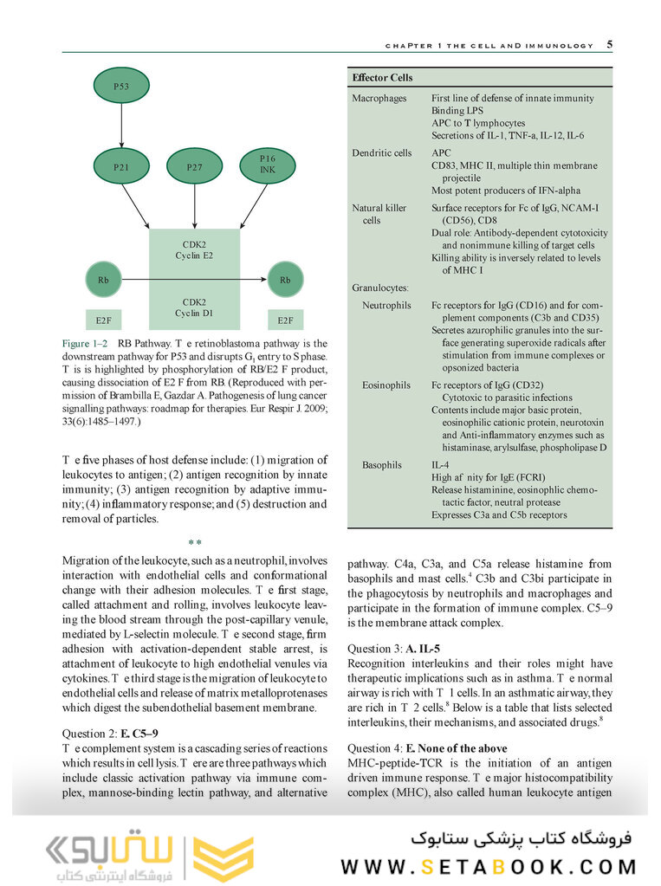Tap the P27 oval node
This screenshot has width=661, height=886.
click(195, 165)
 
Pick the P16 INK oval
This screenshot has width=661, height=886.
click(268, 165)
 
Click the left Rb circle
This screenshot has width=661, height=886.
click(103, 280)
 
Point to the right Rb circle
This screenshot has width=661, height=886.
click(285, 280)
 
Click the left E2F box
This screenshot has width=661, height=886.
click(103, 320)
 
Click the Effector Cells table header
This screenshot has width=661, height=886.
click(382, 78)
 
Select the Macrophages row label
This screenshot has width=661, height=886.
click(379, 99)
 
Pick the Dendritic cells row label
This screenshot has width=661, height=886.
click(381, 153)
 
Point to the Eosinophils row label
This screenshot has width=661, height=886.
click(386, 385)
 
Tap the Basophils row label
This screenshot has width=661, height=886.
click(382, 465)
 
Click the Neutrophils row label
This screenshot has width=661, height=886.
click(386, 306)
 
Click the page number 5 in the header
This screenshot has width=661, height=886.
click(610, 44)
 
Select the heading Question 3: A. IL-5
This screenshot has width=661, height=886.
click(394, 649)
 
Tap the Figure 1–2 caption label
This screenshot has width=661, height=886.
click(85, 344)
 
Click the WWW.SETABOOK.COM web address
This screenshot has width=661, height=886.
click(488, 866)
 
